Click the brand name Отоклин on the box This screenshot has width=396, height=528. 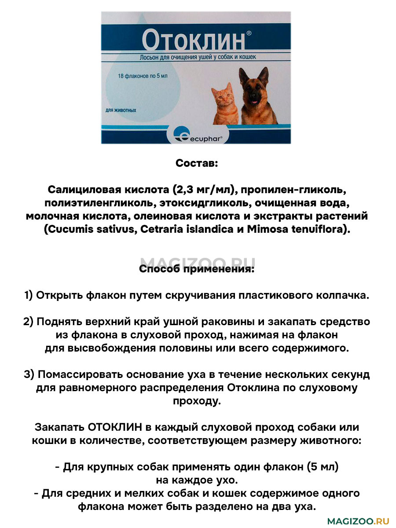click(192, 40)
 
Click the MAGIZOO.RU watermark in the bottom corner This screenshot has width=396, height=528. click(359, 521)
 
